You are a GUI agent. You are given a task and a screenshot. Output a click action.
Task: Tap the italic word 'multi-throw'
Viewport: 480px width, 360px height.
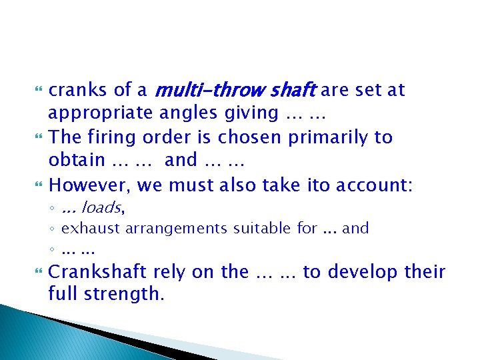[x=200, y=90]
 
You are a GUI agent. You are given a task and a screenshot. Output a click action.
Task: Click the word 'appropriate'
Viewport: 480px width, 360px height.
[x=101, y=113]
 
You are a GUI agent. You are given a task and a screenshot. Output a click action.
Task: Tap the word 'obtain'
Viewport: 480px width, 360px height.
[x=77, y=161]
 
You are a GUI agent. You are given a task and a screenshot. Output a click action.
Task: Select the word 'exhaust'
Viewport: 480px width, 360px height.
[x=85, y=229]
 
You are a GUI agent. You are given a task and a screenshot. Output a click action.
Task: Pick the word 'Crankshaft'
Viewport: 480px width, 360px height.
[x=98, y=272]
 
